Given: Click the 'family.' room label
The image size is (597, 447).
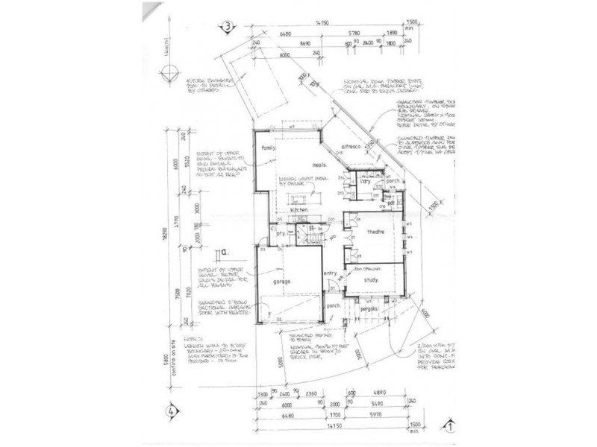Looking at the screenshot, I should pos(268,148).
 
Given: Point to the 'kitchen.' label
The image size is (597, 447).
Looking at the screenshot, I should pos(301,211).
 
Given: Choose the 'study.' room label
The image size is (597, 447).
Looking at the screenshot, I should pos(371,280).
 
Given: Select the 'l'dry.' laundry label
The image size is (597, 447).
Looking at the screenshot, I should pos(366,182).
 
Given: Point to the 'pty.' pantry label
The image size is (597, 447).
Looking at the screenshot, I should pos(281,233).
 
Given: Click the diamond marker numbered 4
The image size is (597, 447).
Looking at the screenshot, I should pos(171,409).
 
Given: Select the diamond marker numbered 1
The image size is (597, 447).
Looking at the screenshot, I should pos(451,427).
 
